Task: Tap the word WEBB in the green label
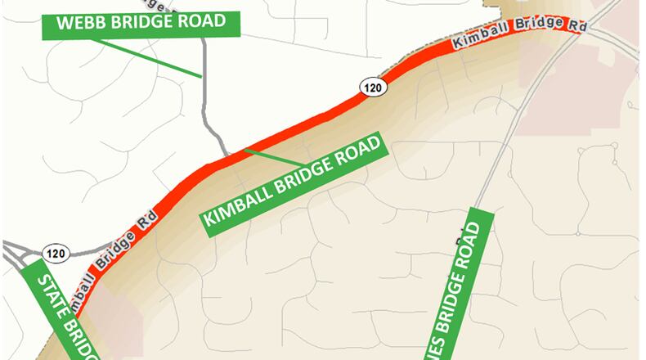click(80, 25)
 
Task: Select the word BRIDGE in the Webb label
click(141, 23)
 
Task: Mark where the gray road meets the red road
click(228, 155)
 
